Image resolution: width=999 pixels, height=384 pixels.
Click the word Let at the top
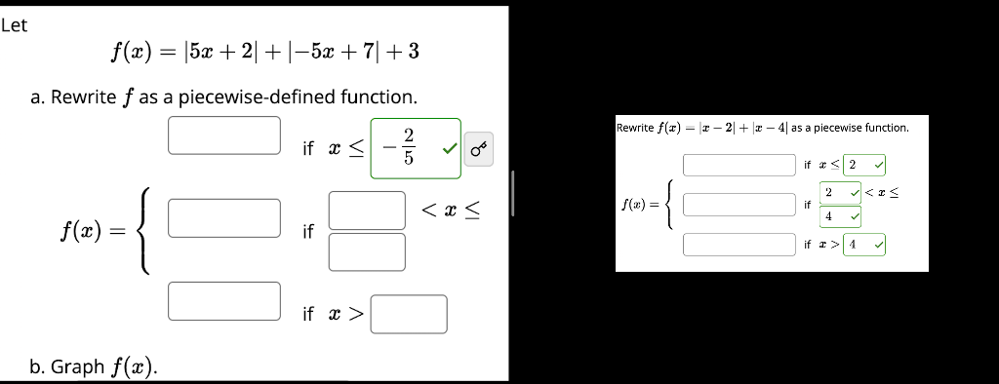point(15,25)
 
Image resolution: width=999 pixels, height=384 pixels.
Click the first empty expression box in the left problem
point(223,135)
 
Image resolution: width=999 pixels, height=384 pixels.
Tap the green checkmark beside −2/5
point(449,149)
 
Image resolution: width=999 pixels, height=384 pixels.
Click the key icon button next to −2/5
point(479,150)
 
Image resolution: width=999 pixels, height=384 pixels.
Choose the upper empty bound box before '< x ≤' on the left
point(366,210)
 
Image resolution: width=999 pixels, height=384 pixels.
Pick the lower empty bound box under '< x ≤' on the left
point(366,251)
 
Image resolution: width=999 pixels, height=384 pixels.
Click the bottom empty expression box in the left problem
point(223,300)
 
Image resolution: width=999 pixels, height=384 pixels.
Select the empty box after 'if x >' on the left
point(408,314)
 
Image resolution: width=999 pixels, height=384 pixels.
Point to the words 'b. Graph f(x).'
point(95,366)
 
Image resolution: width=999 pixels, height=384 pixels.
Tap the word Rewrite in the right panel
point(635,128)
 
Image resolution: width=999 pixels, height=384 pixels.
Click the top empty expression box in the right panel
point(739,165)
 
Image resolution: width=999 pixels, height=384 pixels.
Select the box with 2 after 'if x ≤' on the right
point(863,165)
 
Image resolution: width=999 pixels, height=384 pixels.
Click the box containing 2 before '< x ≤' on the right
point(839,193)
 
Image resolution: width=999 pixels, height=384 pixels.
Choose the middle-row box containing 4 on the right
point(839,215)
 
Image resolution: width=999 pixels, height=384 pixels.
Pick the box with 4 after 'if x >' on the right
point(863,244)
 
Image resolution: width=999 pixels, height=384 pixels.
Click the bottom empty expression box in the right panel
point(739,244)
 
